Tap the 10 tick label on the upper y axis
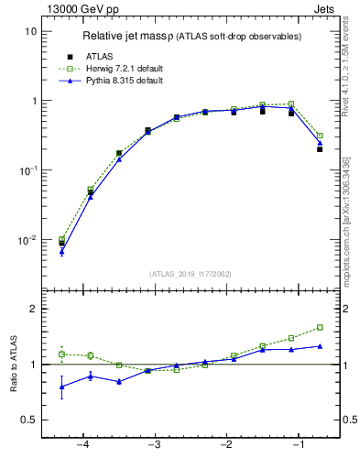point(30,31)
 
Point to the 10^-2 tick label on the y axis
point(27,240)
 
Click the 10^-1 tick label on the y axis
point(27,170)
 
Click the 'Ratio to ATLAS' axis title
point(14,365)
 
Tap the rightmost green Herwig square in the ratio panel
point(320,327)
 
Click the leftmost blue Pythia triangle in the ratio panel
point(62,387)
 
